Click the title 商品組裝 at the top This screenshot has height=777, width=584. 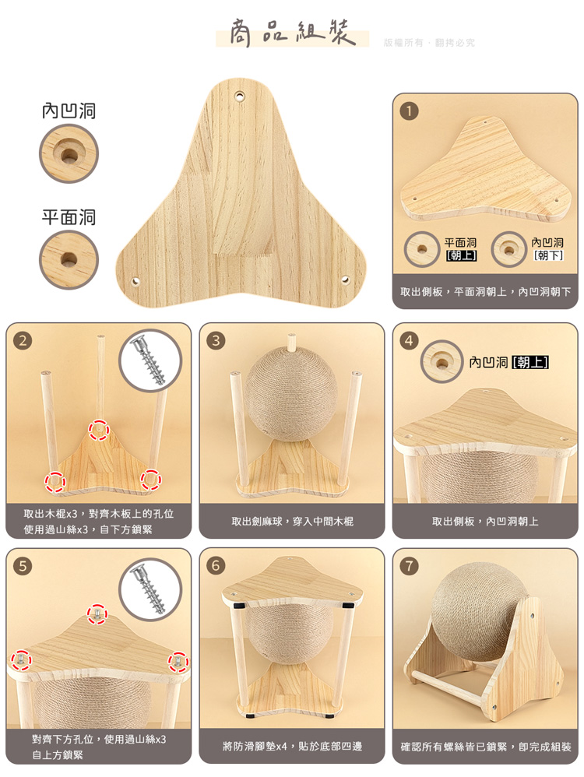[293, 33]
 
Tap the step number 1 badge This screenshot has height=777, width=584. [409, 111]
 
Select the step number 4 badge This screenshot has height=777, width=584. [409, 340]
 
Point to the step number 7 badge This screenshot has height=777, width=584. [409, 566]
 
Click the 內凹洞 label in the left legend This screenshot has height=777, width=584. [69, 111]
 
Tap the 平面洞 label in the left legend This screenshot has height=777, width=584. [69, 217]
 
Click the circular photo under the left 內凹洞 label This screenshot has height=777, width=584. [69, 153]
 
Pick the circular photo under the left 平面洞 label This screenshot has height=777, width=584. [69, 260]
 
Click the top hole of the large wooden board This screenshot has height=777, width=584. [240, 95]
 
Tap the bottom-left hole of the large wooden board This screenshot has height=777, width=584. [135, 282]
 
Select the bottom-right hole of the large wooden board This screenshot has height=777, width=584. [345, 280]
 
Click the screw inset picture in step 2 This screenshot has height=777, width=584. [150, 360]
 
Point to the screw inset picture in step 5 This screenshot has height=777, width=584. [150, 589]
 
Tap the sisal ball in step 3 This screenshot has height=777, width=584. [291, 395]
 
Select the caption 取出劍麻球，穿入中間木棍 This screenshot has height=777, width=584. [292, 522]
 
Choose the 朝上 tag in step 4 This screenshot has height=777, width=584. [529, 362]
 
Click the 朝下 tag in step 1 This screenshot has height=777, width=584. [548, 255]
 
